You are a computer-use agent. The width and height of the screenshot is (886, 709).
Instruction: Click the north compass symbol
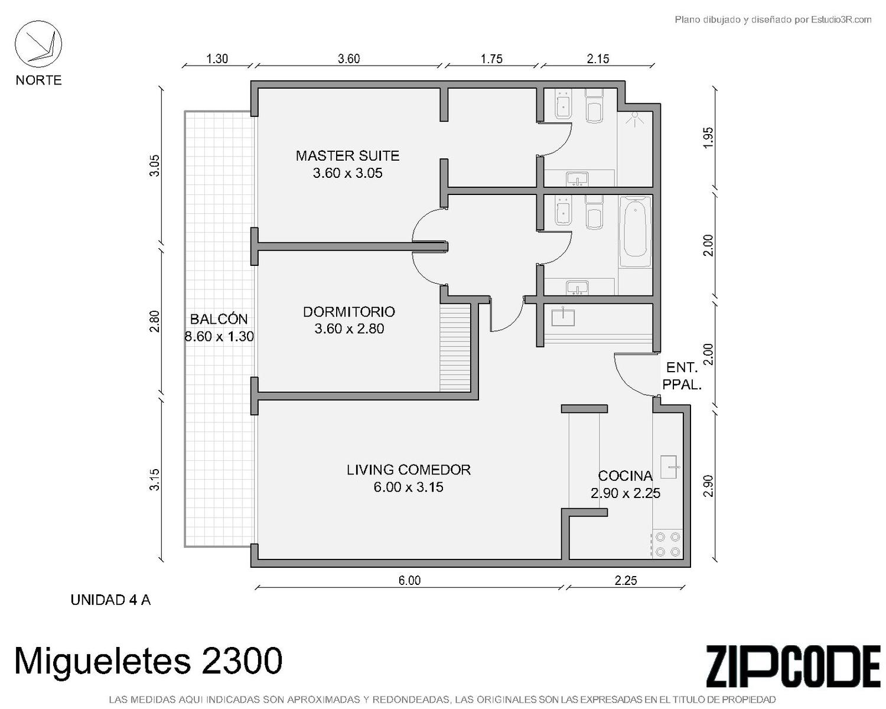click(38, 44)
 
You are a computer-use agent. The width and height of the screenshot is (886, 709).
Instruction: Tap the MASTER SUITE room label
click(347, 156)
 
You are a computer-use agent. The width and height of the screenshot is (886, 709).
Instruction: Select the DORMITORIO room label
click(348, 312)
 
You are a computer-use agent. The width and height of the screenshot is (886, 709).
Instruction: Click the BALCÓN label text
click(219, 318)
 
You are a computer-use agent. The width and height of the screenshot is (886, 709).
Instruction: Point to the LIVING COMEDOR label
click(408, 470)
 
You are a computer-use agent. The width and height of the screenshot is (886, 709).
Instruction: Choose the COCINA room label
click(625, 476)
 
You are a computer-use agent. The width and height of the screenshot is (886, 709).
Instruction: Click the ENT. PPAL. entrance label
click(682, 376)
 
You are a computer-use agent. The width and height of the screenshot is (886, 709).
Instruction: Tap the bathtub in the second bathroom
click(636, 232)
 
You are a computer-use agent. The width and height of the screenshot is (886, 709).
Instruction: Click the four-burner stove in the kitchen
click(667, 544)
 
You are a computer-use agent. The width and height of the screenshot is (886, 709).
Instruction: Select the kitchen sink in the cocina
click(669, 467)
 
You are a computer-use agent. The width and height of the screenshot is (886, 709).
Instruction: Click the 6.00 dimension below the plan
click(409, 580)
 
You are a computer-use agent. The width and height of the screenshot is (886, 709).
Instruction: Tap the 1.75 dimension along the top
click(491, 59)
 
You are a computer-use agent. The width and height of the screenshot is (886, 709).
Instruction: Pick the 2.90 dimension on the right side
click(708, 486)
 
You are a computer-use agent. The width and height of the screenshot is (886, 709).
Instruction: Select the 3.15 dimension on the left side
click(154, 480)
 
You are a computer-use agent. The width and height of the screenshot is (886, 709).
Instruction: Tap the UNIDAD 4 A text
click(111, 600)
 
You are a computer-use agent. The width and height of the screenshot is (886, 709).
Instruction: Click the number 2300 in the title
click(242, 661)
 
